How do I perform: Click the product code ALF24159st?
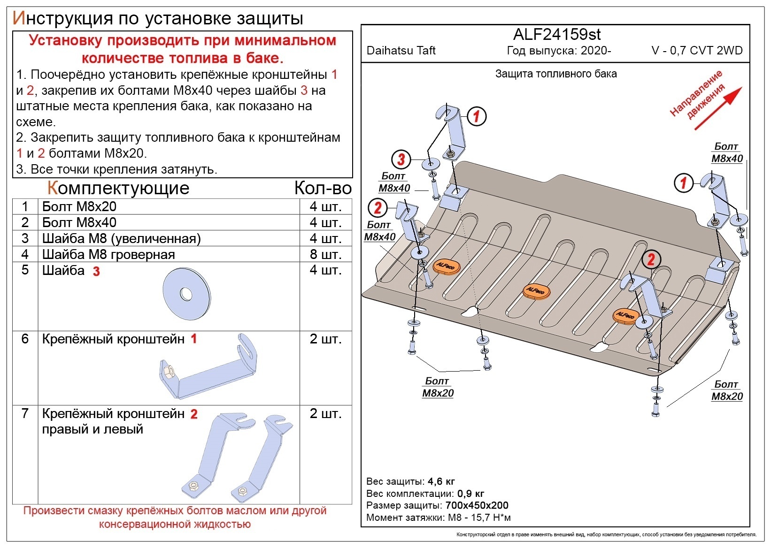556,34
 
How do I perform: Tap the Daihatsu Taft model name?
401,51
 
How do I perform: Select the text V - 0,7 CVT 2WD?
697,51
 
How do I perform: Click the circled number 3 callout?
401,160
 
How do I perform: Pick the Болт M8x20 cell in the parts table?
79,206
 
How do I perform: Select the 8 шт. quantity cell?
325,254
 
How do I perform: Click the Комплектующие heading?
118,188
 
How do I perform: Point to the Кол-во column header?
323,188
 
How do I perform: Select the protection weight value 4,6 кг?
441,481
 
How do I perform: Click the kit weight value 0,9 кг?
470,494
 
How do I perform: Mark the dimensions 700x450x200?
477,505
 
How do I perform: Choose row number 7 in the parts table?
25,413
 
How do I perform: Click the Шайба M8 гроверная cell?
108,254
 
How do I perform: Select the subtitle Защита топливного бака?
556,74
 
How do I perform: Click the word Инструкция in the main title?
62,18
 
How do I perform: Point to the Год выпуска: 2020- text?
559,51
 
